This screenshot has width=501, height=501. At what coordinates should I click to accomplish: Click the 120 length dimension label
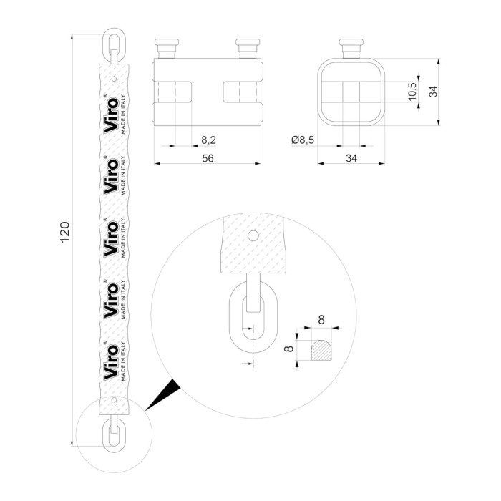click(64, 234)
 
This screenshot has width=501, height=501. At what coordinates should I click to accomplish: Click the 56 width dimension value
click(208, 159)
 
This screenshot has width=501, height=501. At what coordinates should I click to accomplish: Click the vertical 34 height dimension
click(433, 91)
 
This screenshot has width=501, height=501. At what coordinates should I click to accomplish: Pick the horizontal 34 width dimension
click(351, 159)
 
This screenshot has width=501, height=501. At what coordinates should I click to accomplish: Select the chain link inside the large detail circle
click(250, 319)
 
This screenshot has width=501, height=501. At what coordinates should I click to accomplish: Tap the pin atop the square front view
click(351, 49)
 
